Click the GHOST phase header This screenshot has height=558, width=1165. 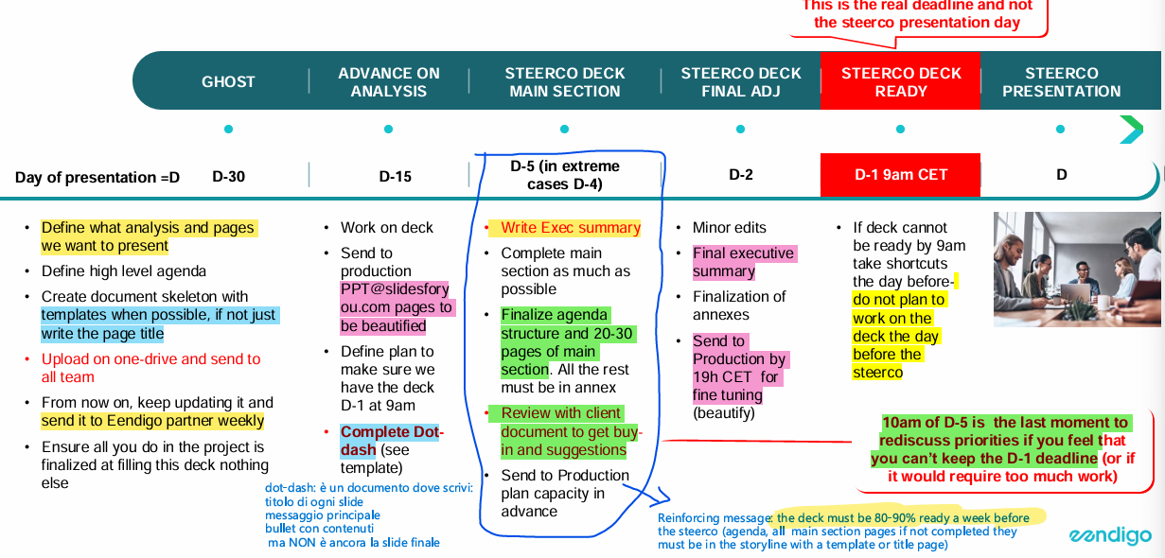(x=228, y=82)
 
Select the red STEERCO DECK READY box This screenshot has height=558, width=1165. (x=900, y=81)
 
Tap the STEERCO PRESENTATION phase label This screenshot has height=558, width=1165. (x=1061, y=82)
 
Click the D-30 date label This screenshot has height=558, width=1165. (x=229, y=176)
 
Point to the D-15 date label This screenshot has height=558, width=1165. (x=395, y=176)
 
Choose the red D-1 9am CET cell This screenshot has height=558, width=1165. (x=900, y=175)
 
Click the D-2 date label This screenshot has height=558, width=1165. (x=741, y=175)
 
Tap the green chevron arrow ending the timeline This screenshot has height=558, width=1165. (x=1131, y=130)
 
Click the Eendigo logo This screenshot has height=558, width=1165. (x=1110, y=536)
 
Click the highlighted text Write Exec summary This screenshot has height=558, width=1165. (x=570, y=228)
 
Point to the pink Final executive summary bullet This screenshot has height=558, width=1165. (x=743, y=262)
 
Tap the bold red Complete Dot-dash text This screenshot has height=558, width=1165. (x=390, y=441)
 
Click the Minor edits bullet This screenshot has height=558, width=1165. (x=729, y=228)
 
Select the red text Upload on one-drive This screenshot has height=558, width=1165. (x=150, y=359)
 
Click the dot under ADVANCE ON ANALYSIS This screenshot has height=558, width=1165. (x=388, y=130)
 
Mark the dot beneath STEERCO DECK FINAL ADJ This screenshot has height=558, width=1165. (x=741, y=130)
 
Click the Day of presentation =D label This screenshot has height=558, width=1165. (x=97, y=178)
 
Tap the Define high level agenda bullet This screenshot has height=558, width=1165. (x=123, y=271)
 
